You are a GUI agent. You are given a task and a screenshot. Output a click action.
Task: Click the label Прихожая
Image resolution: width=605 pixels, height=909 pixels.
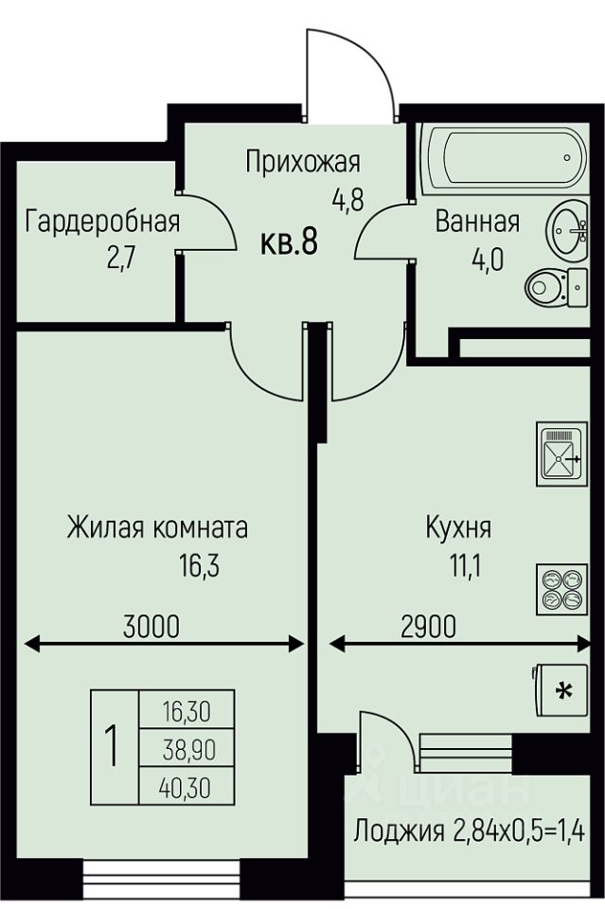point(302,162)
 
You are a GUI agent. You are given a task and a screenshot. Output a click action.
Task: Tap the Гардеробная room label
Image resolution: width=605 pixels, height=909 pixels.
point(102,223)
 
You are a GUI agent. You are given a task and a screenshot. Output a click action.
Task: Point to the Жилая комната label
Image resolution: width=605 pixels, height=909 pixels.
point(157,526)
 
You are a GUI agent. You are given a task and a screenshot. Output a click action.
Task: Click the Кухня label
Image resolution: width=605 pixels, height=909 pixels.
point(458,527)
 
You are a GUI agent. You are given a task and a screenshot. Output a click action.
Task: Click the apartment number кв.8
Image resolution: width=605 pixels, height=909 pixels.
point(289,243)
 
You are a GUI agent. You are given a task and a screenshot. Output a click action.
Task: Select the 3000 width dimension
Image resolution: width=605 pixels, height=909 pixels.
point(151,626)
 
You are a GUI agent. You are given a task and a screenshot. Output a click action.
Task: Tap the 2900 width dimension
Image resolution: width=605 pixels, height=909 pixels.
point(429,626)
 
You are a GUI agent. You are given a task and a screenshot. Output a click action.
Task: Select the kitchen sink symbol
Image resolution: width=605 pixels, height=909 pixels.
point(559,454)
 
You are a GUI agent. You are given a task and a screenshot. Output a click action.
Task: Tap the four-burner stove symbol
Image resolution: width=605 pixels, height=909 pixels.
point(559,587)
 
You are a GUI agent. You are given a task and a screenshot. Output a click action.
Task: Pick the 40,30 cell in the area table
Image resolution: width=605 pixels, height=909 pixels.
point(187,787)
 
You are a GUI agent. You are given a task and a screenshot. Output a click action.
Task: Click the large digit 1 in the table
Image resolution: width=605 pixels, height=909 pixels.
point(114,747)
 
